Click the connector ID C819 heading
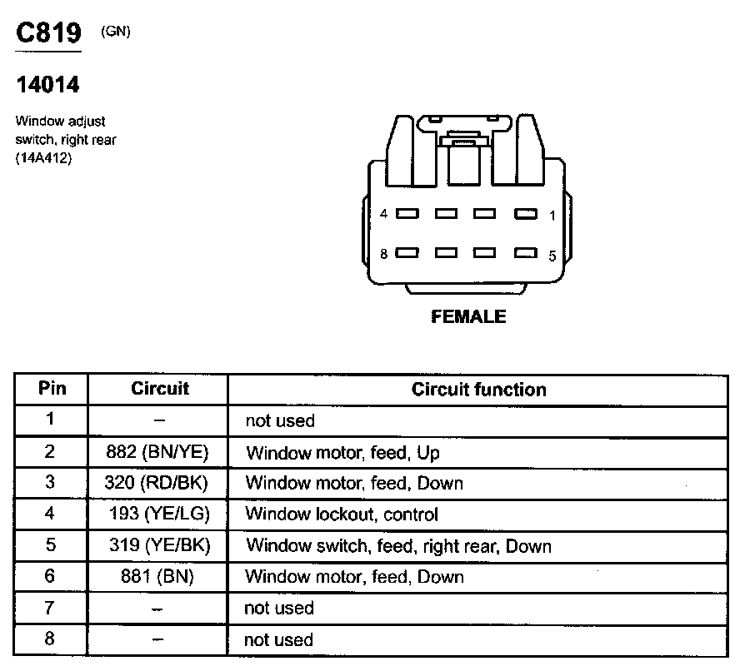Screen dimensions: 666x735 click(x=49, y=32)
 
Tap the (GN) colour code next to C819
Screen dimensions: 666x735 click(x=115, y=32)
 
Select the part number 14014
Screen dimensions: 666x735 click(x=47, y=85)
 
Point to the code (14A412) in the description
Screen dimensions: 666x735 click(x=43, y=159)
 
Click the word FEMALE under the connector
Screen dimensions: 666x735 click(x=468, y=316)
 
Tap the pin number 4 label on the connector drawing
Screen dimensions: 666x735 click(x=384, y=214)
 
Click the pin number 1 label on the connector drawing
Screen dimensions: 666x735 click(x=552, y=216)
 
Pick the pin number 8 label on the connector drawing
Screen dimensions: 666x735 click(x=384, y=254)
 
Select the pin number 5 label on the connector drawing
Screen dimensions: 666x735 click(x=552, y=256)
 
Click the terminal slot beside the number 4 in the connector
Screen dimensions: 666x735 click(x=407, y=214)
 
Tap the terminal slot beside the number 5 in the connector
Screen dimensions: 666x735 click(x=525, y=253)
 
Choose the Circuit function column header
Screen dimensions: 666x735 click(x=478, y=390)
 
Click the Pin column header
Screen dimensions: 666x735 click(x=52, y=389)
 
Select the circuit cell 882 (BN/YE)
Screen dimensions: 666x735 click(x=157, y=452)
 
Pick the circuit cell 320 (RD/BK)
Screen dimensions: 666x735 click(x=157, y=483)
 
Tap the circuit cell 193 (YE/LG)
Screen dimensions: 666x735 click(x=158, y=514)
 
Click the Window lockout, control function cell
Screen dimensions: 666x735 click(x=342, y=514)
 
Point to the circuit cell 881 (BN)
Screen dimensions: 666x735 click(x=157, y=577)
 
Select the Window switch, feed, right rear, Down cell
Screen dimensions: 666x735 click(x=398, y=546)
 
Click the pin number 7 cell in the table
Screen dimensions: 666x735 click(x=50, y=608)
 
